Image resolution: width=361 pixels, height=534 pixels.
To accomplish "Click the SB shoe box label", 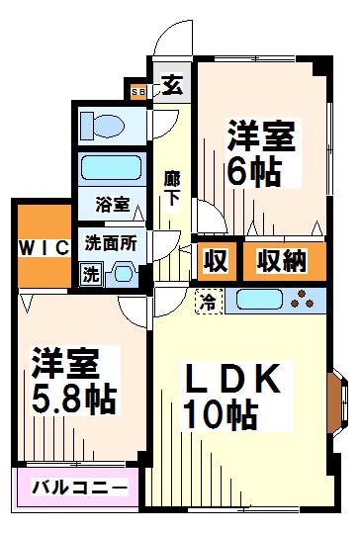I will click(x=137, y=93).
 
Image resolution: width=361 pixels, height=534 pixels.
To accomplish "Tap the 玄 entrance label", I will click(x=171, y=85).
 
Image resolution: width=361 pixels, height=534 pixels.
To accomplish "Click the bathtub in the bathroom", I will click(x=110, y=165).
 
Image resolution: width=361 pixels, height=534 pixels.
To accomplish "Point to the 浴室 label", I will click(x=111, y=205).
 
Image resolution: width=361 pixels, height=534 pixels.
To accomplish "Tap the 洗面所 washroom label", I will click(x=110, y=242).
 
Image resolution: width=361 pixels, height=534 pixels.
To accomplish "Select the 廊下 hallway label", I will click(x=171, y=187).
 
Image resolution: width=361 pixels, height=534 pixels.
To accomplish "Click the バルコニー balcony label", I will click(x=79, y=488).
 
